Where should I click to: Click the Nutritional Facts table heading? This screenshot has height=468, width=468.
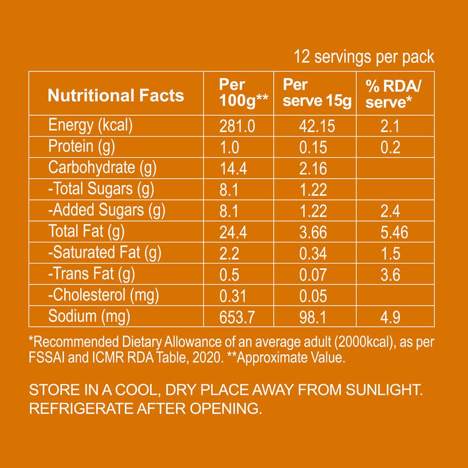(x=116, y=95)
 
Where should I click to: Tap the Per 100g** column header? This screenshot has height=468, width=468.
(x=239, y=93)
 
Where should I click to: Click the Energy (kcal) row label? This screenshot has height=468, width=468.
(x=91, y=125)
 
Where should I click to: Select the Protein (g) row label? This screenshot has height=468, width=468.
(x=82, y=146)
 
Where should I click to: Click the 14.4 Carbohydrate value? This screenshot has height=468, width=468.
(x=233, y=168)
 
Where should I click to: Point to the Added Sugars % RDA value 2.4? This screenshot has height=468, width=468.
(x=390, y=212)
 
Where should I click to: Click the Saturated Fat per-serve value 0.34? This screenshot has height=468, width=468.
(x=313, y=254)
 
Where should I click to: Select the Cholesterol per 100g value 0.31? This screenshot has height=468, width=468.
(x=233, y=296)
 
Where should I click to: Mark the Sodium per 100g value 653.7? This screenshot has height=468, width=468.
(x=237, y=318)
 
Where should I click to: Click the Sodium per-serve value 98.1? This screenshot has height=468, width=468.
(x=313, y=318)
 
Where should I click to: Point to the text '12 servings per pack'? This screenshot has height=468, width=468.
(x=364, y=58)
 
